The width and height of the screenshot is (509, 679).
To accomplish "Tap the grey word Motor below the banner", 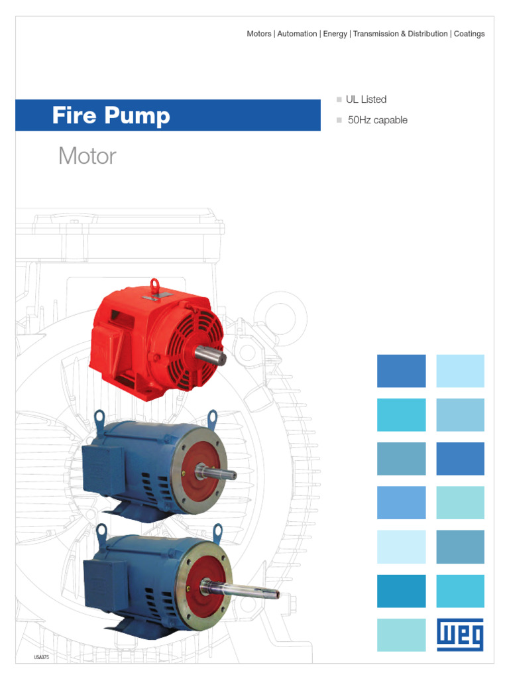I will click(x=87, y=156).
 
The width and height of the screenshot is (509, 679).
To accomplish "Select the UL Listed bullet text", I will click(x=366, y=99).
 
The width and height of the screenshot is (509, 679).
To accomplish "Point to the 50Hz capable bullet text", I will click(x=377, y=120).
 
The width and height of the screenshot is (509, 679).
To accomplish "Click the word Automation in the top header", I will click(x=297, y=34).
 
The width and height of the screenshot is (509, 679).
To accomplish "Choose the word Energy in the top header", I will click(x=335, y=34).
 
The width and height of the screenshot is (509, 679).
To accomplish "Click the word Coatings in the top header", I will click(x=469, y=34).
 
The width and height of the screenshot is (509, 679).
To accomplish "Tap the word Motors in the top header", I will click(x=259, y=34).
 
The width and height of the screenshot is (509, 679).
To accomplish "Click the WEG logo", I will click(x=460, y=635).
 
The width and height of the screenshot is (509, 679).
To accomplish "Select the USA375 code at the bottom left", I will click(x=41, y=656).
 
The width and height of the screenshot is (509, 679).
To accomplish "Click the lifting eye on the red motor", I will click(x=156, y=286).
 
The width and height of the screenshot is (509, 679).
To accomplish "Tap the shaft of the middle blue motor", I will click(x=219, y=472).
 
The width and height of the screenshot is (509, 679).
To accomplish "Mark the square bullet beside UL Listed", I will click(x=339, y=99).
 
